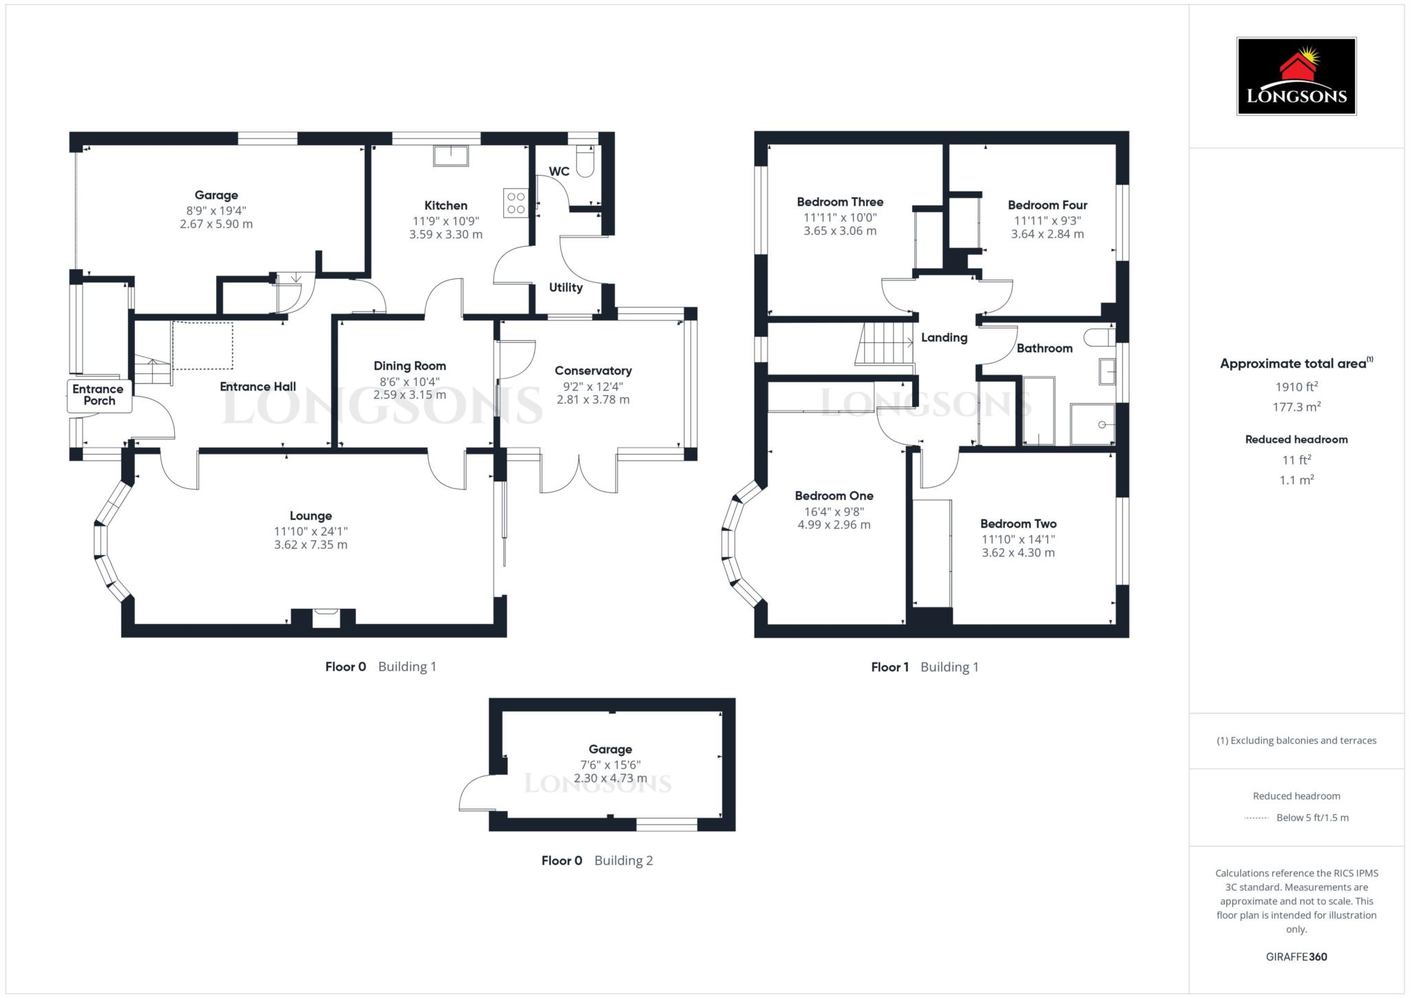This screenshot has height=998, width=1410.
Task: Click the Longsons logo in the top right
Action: [x=1296, y=76]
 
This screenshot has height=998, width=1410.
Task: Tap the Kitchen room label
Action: [x=445, y=205]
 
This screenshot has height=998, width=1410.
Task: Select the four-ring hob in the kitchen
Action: [x=516, y=202]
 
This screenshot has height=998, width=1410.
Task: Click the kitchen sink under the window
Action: [x=451, y=156]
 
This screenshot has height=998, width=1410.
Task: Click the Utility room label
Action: [x=566, y=287]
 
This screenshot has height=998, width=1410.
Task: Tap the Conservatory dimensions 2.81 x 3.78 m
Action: [x=593, y=399]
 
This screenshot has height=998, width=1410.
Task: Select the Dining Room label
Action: [x=410, y=366]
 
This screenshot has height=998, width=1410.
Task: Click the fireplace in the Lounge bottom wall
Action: [x=326, y=618]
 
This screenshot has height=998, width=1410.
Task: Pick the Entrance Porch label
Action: [x=98, y=395]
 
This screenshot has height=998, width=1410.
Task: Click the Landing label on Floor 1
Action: [x=944, y=337]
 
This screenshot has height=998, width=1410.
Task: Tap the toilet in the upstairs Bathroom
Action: [x=1099, y=337]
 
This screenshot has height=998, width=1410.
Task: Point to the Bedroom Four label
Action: [x=1047, y=205]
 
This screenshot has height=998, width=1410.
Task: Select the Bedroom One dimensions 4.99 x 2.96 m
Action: [x=834, y=525]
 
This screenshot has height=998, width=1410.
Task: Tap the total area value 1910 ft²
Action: [x=1296, y=386]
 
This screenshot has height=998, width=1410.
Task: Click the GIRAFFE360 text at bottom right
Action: [x=1296, y=957]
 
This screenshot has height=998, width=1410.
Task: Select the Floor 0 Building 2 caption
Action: [x=597, y=860]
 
